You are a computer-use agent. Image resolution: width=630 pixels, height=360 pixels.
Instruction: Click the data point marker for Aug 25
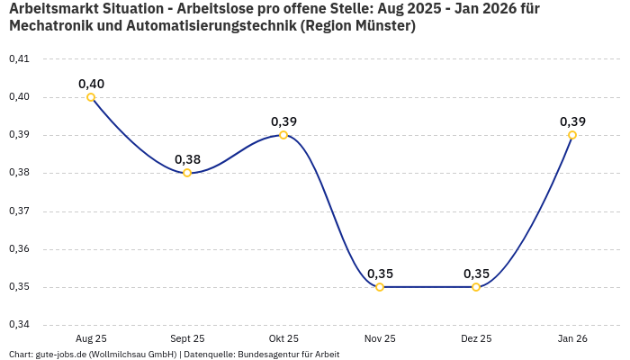click(91, 97)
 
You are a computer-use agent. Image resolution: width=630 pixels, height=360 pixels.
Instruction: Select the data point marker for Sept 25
click(187, 173)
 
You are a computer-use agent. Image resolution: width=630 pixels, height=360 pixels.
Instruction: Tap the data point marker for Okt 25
click(283, 135)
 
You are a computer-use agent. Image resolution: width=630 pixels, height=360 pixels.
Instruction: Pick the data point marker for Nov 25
click(380, 287)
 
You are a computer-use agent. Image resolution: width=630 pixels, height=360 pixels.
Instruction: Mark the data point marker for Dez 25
click(476, 287)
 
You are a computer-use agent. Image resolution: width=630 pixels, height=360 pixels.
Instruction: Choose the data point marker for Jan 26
click(572, 135)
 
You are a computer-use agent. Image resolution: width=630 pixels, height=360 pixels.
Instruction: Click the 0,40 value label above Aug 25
click(91, 84)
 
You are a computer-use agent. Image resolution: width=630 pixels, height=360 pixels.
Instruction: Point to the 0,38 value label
click(187, 159)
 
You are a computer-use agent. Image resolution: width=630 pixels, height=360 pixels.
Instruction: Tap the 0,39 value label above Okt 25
click(283, 121)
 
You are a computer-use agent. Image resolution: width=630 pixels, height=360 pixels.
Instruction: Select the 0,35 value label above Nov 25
click(380, 274)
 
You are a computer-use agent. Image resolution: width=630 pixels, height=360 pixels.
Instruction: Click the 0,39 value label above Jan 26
click(572, 121)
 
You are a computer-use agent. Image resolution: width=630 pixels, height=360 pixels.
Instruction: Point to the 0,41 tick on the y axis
click(18, 58)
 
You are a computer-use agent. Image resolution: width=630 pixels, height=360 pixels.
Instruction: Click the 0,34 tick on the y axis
click(18, 325)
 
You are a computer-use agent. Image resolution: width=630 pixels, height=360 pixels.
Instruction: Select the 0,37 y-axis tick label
click(18, 211)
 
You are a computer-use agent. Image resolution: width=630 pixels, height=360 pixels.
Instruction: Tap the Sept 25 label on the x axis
click(187, 338)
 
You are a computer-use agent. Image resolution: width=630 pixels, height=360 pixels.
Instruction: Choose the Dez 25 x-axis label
click(476, 338)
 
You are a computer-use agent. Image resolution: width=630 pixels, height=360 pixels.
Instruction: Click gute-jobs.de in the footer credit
click(60, 355)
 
